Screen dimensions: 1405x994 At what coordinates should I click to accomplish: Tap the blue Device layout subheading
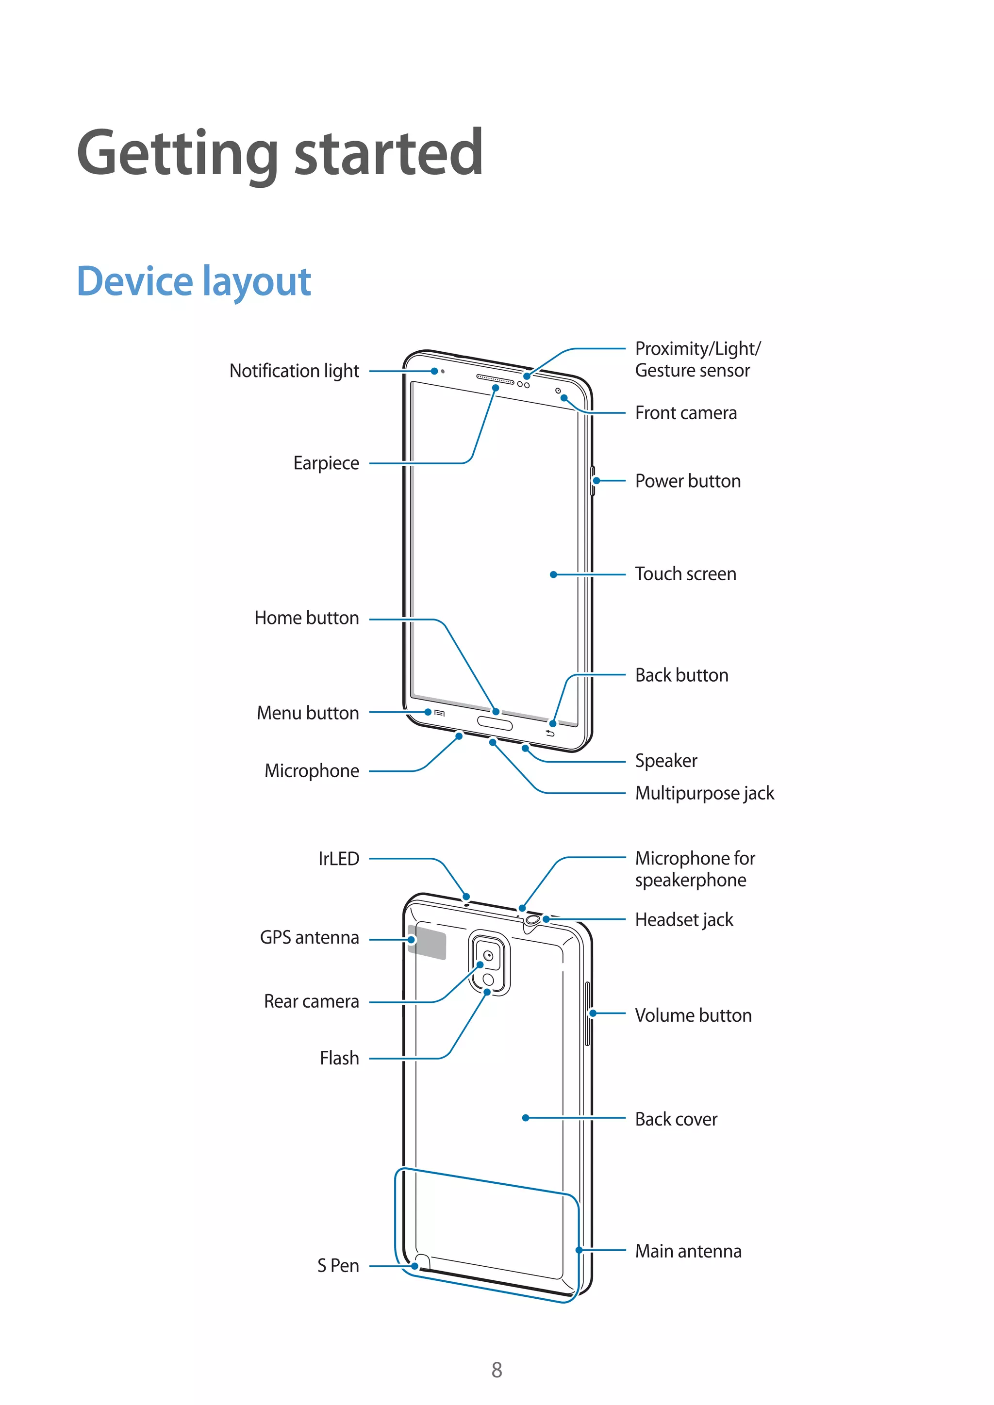tap(194, 281)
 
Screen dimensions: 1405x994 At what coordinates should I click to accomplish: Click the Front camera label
tap(685, 413)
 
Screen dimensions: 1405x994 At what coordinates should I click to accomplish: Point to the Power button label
tap(687, 481)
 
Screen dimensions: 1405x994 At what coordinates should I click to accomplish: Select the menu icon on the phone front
tap(439, 713)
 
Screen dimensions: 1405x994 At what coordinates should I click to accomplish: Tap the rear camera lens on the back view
tap(488, 956)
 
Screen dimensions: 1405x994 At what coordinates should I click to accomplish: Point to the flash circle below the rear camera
tap(488, 980)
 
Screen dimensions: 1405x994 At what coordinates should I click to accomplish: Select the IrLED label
tap(338, 859)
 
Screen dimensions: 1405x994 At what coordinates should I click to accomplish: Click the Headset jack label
tap(684, 920)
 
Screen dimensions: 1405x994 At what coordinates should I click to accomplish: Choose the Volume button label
tap(693, 1015)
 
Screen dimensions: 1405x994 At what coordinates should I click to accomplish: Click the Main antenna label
tap(688, 1251)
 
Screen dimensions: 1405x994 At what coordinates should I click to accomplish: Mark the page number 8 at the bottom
tap(497, 1370)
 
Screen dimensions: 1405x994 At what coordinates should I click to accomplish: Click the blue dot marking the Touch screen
tap(553, 574)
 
